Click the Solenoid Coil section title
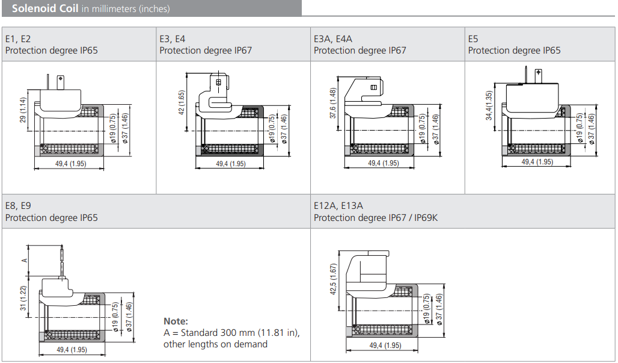[x=44, y=8]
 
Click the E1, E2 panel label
[x=18, y=39]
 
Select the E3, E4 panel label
[x=173, y=39]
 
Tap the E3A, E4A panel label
[x=333, y=39]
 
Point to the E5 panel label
[x=473, y=39]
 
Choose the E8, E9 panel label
[x=18, y=206]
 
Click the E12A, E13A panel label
[x=338, y=206]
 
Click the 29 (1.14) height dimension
[x=23, y=111]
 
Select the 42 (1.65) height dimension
[x=182, y=104]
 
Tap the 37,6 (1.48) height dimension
[x=332, y=104]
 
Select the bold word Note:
[x=176, y=321]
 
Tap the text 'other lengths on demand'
[x=215, y=344]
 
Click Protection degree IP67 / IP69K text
[x=376, y=217]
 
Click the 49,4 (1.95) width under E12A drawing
[x=384, y=346]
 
